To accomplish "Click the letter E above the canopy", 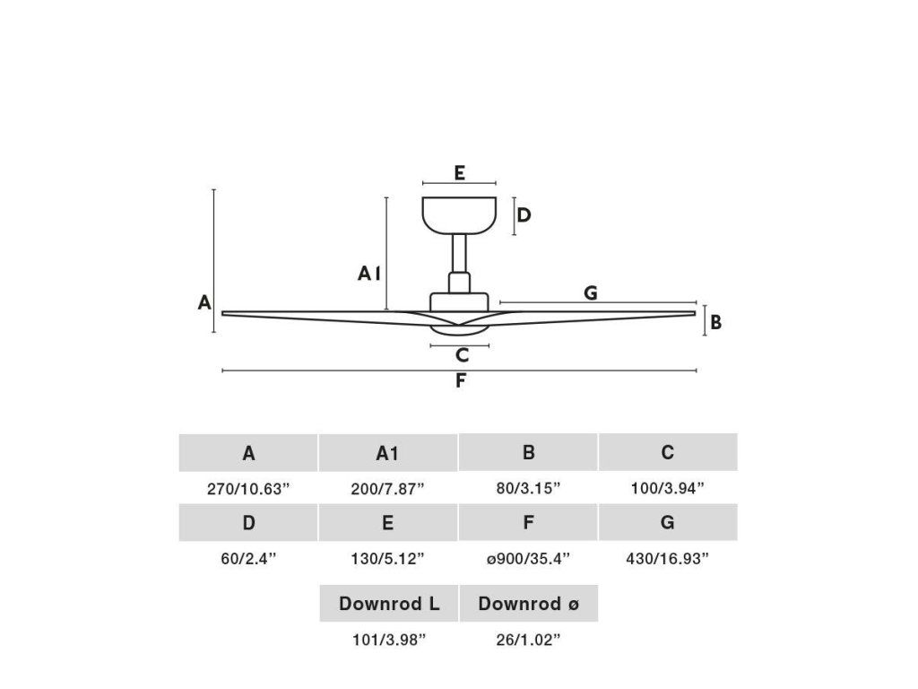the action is tap(459, 173).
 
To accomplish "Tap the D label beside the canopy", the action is tap(524, 215).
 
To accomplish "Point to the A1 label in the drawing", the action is tap(368, 273).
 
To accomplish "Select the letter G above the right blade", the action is tap(591, 292).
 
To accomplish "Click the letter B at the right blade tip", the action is tap(715, 322).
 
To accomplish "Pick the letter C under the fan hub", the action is tap(462, 356).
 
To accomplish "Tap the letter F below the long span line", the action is tap(460, 381).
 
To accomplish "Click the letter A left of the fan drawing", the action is tap(204, 303).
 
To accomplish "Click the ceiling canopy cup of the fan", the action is tap(459, 214).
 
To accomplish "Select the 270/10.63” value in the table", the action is tap(248, 489).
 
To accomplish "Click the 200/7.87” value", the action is tap(387, 489).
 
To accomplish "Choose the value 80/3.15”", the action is tap(528, 489).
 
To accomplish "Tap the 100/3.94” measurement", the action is tap(668, 489).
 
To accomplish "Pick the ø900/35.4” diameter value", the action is tap(528, 559).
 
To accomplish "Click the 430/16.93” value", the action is tap(668, 559).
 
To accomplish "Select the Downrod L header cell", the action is tap(389, 604).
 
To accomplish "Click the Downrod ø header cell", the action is tap(528, 604).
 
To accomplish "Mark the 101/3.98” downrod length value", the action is tap(387, 640).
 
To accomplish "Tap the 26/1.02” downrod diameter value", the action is tap(528, 640).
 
